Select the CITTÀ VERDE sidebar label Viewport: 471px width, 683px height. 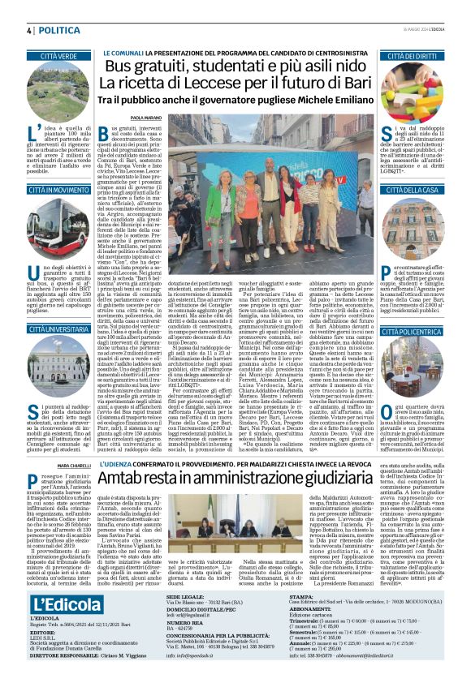click(x=65, y=55)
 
